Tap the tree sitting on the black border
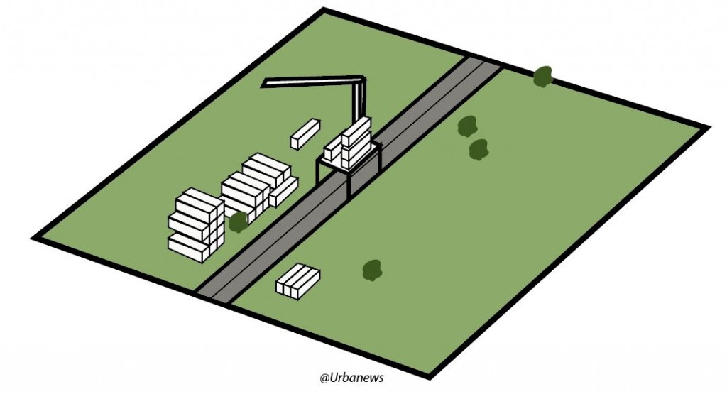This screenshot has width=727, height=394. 543,75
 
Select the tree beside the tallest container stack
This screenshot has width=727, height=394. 238,221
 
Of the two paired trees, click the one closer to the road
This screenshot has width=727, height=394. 467,126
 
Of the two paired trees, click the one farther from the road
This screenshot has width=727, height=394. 479,149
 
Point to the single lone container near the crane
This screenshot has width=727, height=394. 305,133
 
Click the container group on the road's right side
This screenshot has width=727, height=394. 297,281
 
